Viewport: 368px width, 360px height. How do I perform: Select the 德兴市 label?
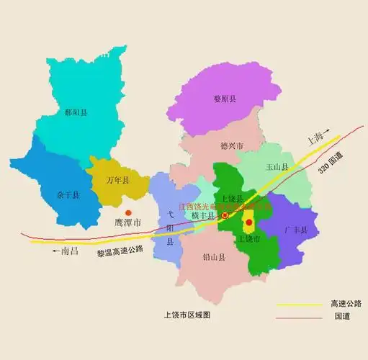coord(232,145)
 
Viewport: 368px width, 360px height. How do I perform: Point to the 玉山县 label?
coord(277,167)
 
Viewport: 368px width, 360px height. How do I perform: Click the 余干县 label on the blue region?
coord(57,194)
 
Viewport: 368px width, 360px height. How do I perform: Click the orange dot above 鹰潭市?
coord(127,212)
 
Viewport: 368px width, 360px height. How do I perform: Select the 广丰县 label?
coord(296,230)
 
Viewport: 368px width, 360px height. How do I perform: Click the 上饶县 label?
coord(232,198)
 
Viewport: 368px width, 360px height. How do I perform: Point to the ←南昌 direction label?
coord(60,253)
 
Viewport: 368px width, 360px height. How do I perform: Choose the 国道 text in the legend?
coord(341,316)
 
